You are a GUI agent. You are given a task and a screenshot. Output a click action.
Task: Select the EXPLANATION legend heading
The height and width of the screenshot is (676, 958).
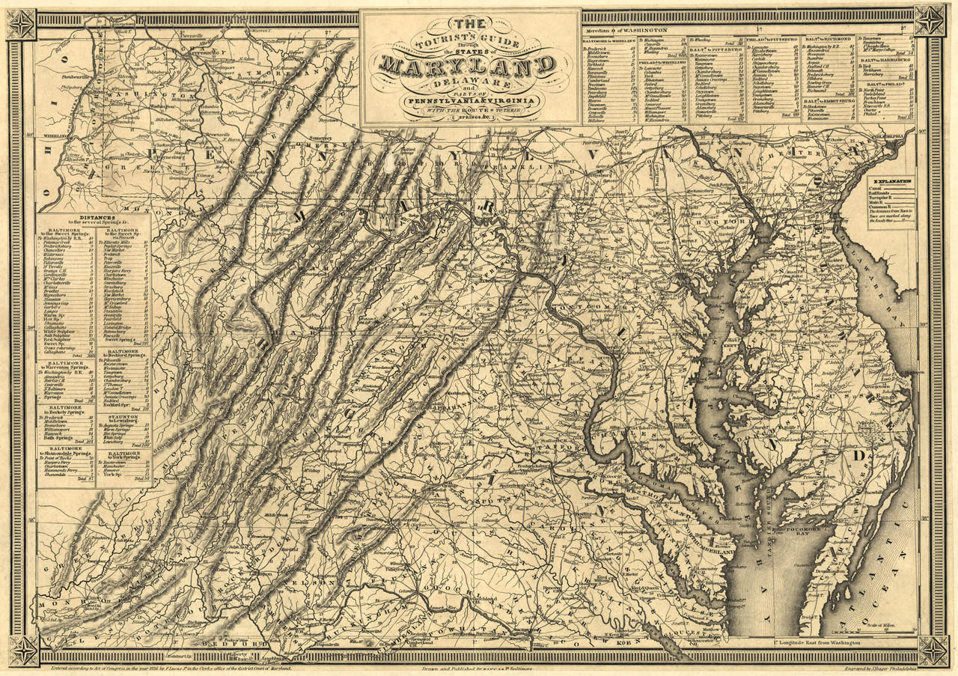click(890, 181)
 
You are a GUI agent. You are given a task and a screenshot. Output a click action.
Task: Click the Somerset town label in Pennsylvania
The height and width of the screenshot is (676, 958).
click(321, 138)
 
